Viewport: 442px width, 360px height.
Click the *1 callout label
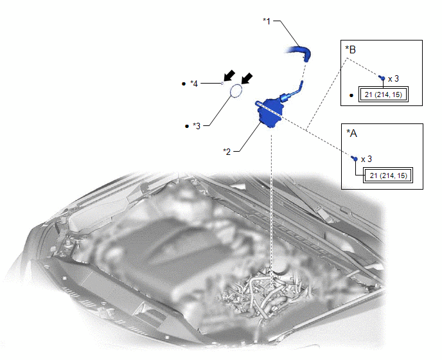click(x=267, y=21)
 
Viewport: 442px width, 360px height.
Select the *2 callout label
click(x=227, y=152)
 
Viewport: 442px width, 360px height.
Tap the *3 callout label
click(x=197, y=126)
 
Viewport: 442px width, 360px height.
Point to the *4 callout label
click(x=194, y=84)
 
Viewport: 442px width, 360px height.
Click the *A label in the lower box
click(x=351, y=132)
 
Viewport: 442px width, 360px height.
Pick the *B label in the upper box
click(x=351, y=50)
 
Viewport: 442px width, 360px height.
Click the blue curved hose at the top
click(x=299, y=53)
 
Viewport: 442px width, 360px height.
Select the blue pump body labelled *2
click(x=269, y=113)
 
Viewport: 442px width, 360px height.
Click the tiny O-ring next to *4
click(x=222, y=83)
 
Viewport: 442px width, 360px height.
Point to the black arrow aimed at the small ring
click(x=229, y=75)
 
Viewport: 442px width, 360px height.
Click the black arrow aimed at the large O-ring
click(x=247, y=78)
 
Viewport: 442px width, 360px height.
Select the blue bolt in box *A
click(x=355, y=159)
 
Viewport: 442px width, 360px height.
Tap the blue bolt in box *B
click(x=382, y=78)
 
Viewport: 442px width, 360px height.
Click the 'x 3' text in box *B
click(x=394, y=78)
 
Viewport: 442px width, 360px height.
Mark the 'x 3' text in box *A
click(x=366, y=159)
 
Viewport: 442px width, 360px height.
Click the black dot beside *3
click(x=186, y=126)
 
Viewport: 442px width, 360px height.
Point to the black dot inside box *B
click(x=351, y=95)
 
